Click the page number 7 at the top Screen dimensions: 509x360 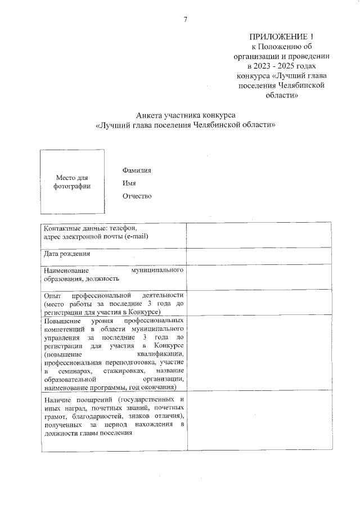185,20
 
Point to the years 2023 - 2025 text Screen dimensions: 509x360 267,66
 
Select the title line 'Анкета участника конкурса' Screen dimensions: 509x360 185,115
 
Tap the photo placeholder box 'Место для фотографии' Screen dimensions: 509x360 71,182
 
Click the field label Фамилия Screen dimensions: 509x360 137,170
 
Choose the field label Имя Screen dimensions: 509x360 129,183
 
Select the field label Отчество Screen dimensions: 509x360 137,196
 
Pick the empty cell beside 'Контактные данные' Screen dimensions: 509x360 259,235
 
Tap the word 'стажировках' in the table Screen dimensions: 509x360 125,372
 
